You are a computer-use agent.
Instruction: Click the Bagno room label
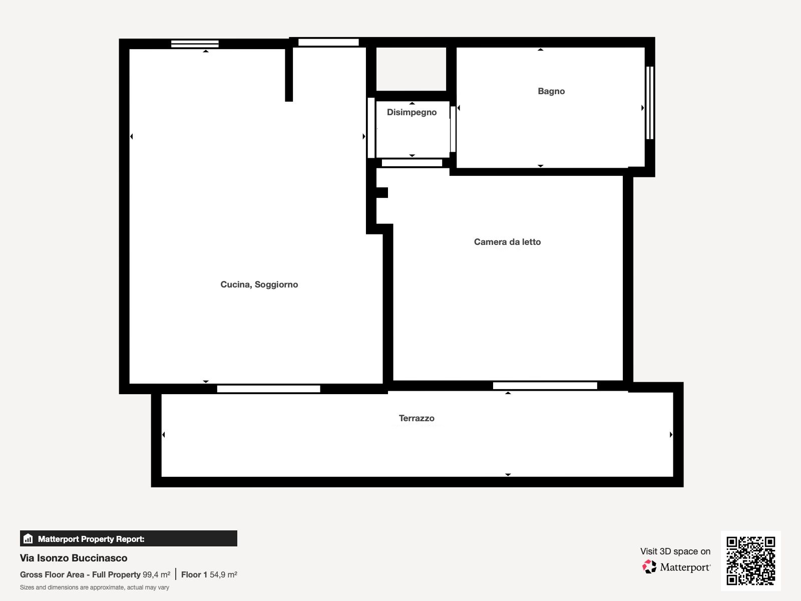coord(551,91)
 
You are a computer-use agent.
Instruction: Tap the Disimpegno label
coord(412,112)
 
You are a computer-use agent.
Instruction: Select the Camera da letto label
coord(507,241)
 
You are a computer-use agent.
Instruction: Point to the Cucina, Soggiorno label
coord(259,284)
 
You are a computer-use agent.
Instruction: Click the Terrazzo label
coord(417,418)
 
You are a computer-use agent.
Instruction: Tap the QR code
coord(750,561)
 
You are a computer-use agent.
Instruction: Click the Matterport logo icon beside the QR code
coord(649,567)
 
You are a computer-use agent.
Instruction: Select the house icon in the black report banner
coord(28,538)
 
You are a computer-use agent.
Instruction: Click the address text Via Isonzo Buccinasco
coord(74,558)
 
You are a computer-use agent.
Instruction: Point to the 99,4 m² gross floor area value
coord(156,574)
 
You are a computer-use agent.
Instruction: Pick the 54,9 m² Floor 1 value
coord(223,574)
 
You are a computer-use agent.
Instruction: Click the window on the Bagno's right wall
coord(649,103)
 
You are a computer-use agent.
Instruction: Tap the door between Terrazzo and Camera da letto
coord(545,385)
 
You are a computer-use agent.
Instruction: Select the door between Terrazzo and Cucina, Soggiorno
coord(268,389)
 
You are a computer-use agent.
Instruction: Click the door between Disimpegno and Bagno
coord(453,129)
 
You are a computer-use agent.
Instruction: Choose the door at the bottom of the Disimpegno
coord(412,163)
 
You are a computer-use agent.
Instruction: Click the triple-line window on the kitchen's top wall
coord(195,44)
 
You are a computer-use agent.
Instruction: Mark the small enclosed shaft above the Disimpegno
coord(412,69)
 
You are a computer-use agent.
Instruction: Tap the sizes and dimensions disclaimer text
coord(95,587)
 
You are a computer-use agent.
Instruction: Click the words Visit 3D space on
coord(675,551)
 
